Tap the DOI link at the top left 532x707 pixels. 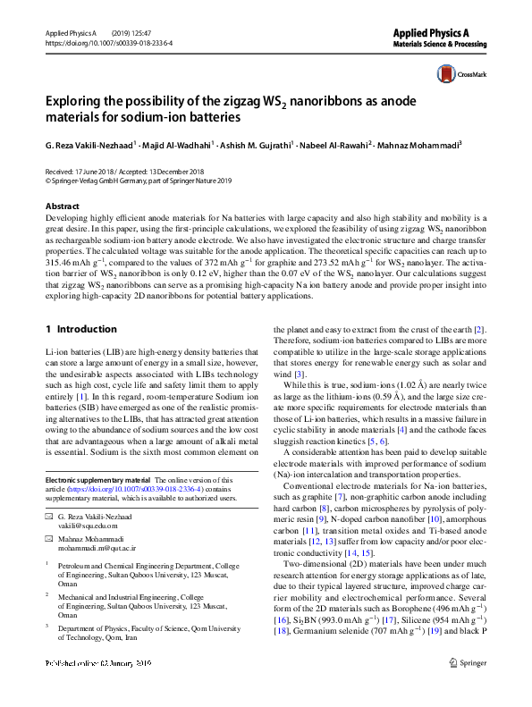[x=108, y=42]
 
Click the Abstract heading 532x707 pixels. [x=62, y=206]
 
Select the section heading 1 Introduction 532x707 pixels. [x=81, y=329]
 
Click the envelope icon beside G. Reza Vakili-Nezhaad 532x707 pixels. [x=50, y=518]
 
